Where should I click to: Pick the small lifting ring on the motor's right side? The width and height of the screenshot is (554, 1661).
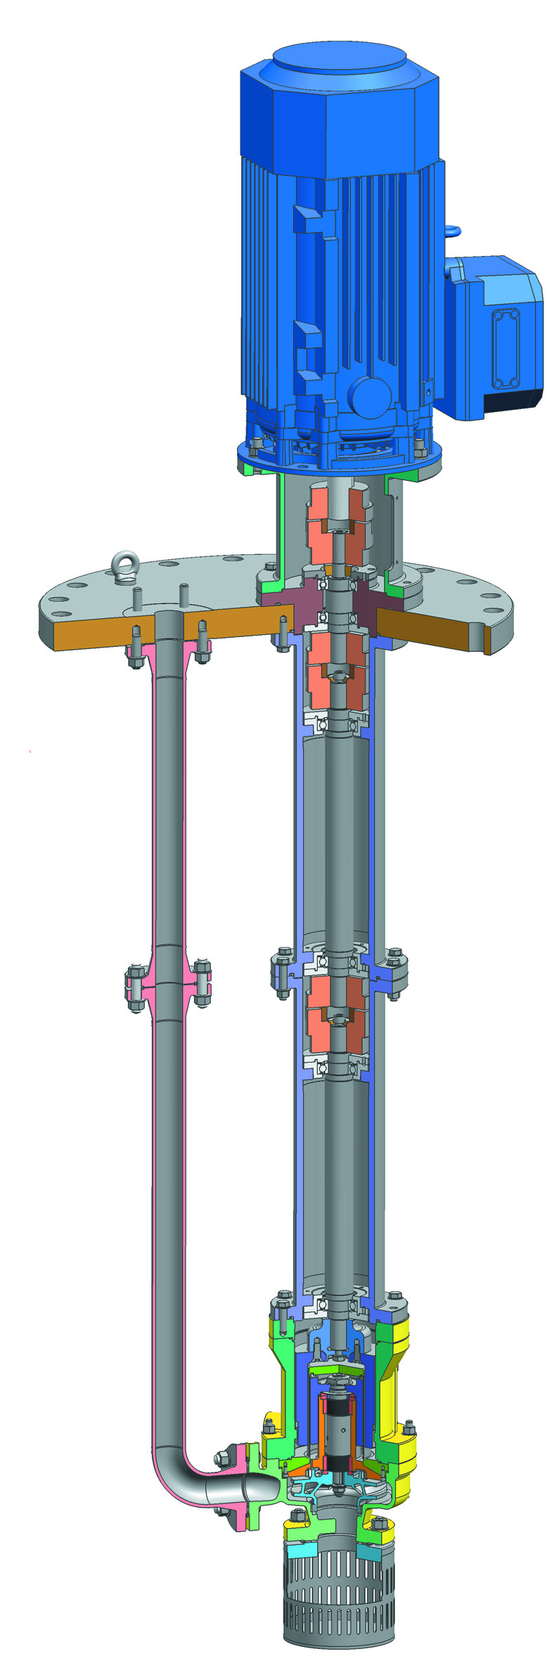click(x=451, y=230)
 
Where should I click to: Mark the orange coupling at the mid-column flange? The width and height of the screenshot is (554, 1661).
click(x=337, y=1007)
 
